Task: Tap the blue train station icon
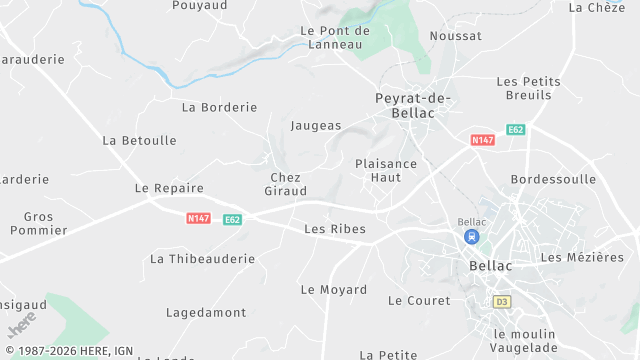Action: click(x=470, y=237)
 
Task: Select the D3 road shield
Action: click(x=501, y=301)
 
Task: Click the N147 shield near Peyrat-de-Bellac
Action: click(x=483, y=140)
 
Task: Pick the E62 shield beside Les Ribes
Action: click(x=232, y=219)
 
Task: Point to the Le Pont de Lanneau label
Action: click(x=335, y=37)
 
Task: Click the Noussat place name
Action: click(x=455, y=36)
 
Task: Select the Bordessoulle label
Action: click(x=553, y=179)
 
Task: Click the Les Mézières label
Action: click(x=582, y=258)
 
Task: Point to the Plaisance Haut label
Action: click(x=386, y=170)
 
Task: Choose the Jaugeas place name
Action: click(x=316, y=126)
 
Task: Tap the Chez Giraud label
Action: click(x=285, y=184)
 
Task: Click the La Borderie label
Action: click(x=220, y=107)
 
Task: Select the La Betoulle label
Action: click(x=139, y=141)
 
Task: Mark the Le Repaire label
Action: click(x=169, y=188)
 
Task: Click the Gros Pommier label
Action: click(x=39, y=223)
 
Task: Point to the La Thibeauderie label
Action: click(x=202, y=259)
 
